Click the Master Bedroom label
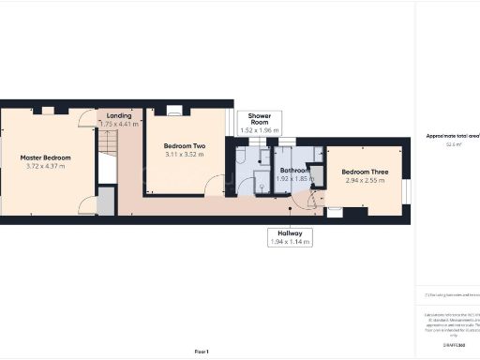point(45,157)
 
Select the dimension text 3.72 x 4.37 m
point(45,167)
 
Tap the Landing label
point(119,115)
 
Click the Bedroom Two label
point(185,146)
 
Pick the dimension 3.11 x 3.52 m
point(185,156)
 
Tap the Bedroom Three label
point(365,172)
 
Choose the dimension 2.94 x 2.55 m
point(365,181)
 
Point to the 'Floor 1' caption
point(201,351)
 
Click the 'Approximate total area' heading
point(453,136)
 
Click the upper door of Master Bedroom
point(87,118)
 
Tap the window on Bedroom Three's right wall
point(407,190)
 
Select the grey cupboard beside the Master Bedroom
point(107,202)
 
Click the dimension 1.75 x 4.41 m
point(119,124)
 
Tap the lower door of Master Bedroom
point(87,205)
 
